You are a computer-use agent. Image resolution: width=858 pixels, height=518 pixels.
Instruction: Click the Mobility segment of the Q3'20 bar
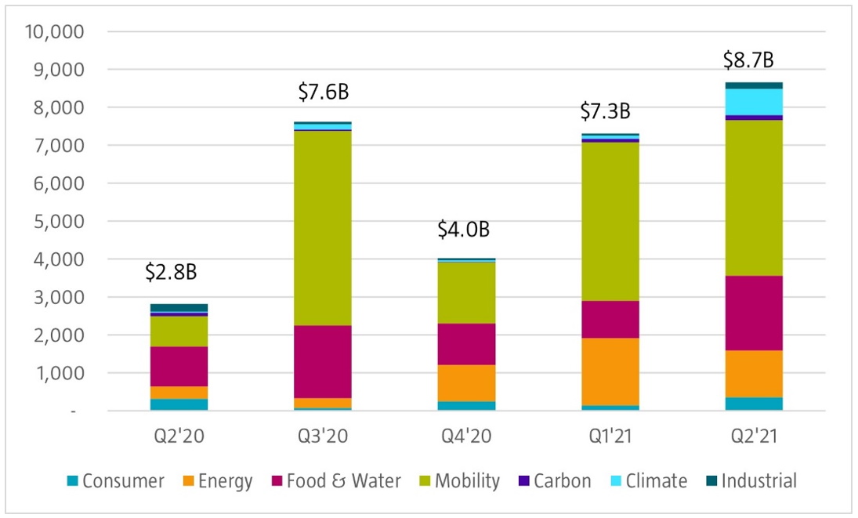[x=323, y=227]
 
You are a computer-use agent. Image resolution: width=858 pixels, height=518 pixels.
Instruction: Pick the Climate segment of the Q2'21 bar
[x=754, y=101]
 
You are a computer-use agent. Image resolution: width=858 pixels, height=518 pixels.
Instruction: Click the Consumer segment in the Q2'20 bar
[x=179, y=404]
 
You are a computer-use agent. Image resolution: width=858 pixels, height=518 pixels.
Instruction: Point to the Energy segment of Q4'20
[x=466, y=382]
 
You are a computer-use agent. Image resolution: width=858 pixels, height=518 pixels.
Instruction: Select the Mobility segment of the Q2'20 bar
[x=179, y=331]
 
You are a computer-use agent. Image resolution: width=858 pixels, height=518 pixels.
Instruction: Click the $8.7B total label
[x=749, y=60]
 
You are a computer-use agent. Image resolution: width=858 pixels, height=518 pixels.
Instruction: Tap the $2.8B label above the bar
[x=171, y=272]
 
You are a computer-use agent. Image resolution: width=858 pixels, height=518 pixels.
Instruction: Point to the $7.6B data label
[x=323, y=92]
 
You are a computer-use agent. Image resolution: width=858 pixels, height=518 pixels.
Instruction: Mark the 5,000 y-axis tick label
[x=57, y=221]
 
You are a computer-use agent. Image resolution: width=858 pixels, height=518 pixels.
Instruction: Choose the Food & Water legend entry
[x=342, y=480]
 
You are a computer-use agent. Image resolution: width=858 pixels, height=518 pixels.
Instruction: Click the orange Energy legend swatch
[x=187, y=480]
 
